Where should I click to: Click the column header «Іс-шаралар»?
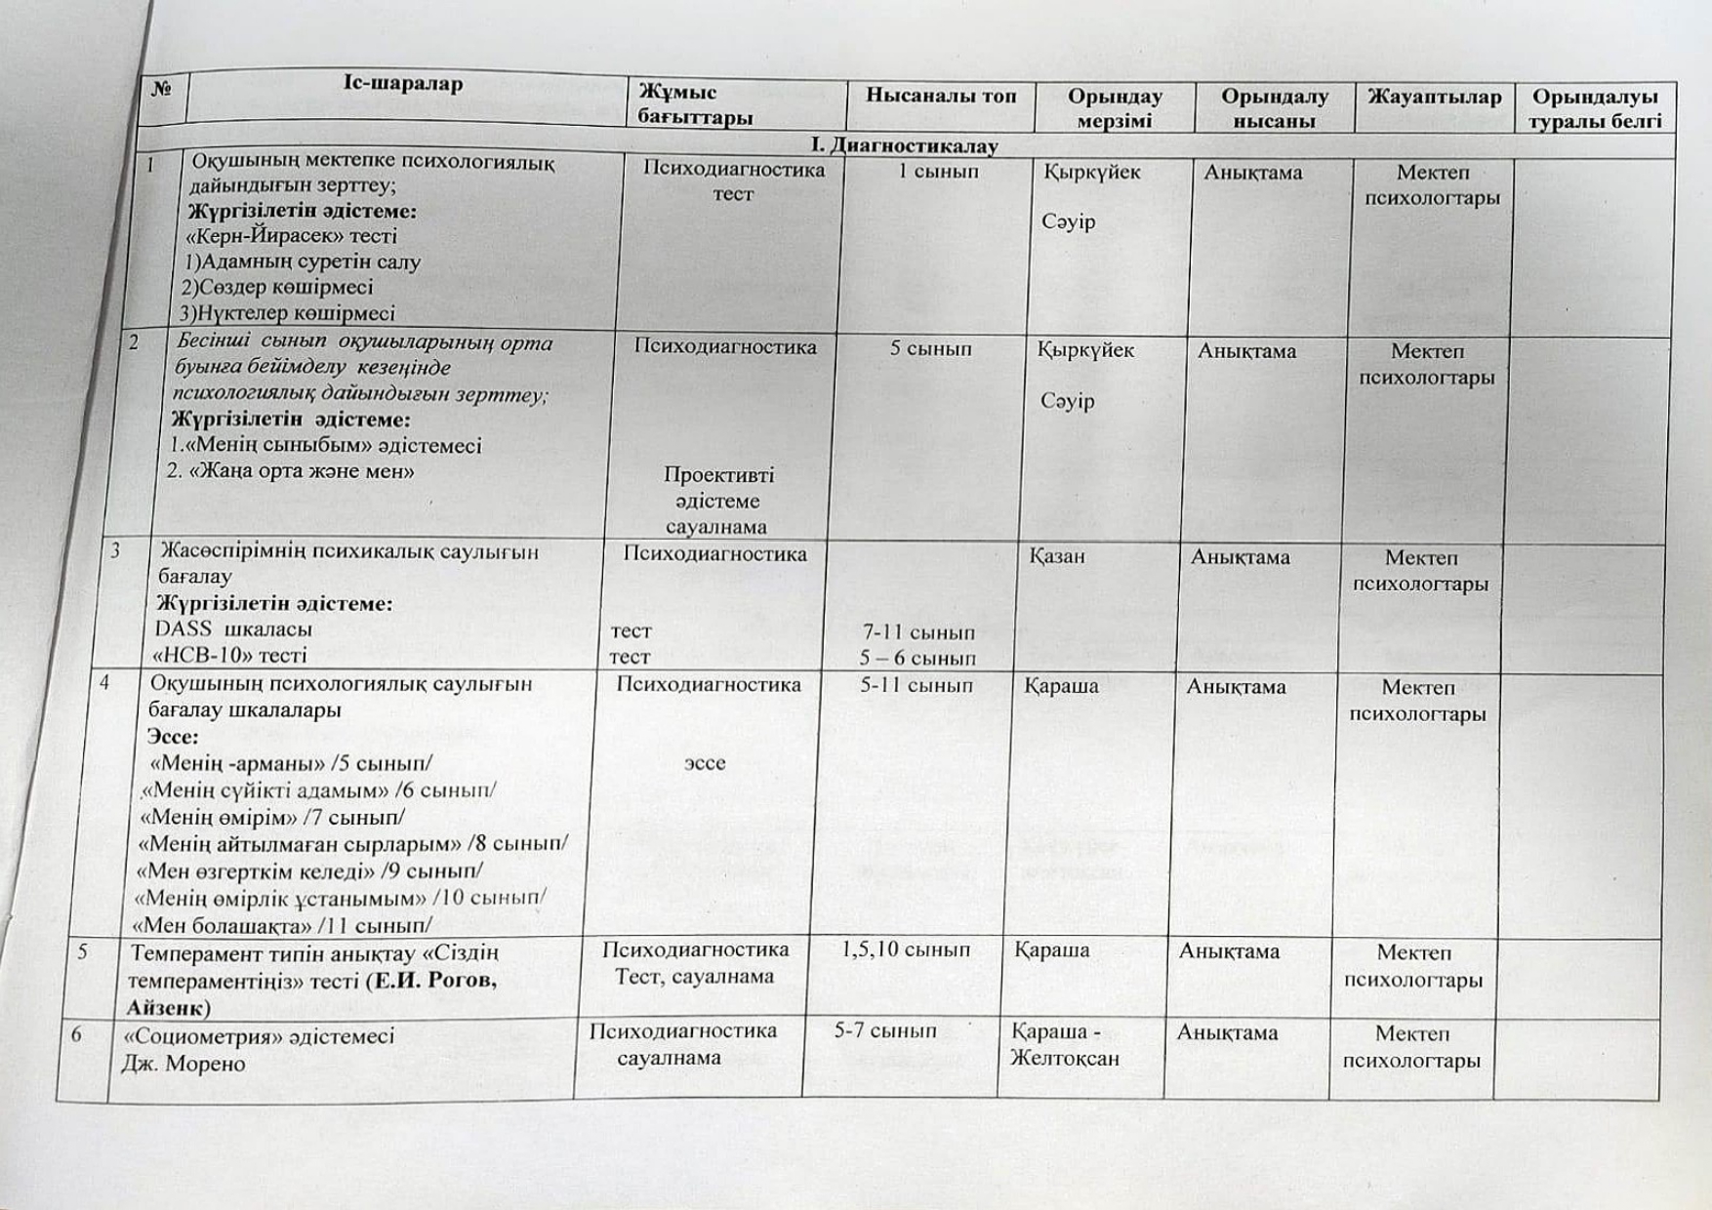(x=403, y=84)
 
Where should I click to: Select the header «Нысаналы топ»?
(x=941, y=96)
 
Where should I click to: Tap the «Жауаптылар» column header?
(x=1434, y=97)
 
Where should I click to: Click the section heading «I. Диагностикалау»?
(x=905, y=145)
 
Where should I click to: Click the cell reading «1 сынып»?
(x=938, y=172)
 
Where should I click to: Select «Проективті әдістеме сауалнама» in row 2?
(x=717, y=501)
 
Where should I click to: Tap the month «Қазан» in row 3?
(x=1057, y=556)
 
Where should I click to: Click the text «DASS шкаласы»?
(x=233, y=628)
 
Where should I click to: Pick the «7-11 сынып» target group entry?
(x=917, y=632)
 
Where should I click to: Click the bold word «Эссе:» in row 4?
(x=173, y=737)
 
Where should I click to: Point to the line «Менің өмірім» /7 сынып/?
(x=272, y=817)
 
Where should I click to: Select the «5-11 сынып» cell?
(x=917, y=686)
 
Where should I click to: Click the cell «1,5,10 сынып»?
(x=906, y=949)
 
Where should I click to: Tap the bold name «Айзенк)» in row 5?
(x=168, y=1007)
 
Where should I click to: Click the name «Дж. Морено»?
(x=183, y=1063)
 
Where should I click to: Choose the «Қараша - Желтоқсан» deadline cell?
(x=1064, y=1045)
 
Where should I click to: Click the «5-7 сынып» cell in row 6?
(x=885, y=1030)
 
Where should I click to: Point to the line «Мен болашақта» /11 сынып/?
(x=282, y=923)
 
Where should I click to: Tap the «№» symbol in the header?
(x=162, y=89)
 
